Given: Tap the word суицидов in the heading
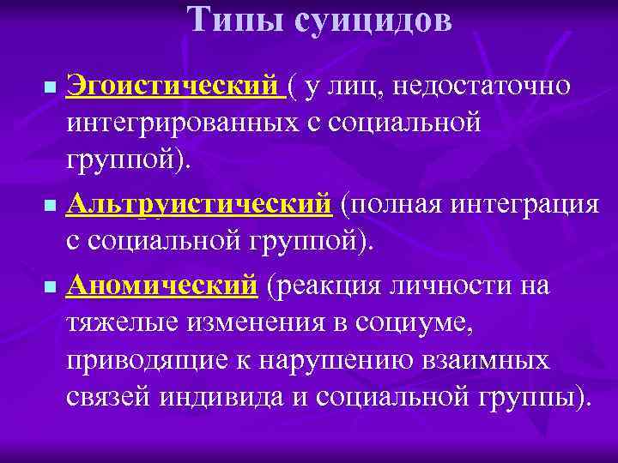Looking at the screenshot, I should click(x=373, y=19).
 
